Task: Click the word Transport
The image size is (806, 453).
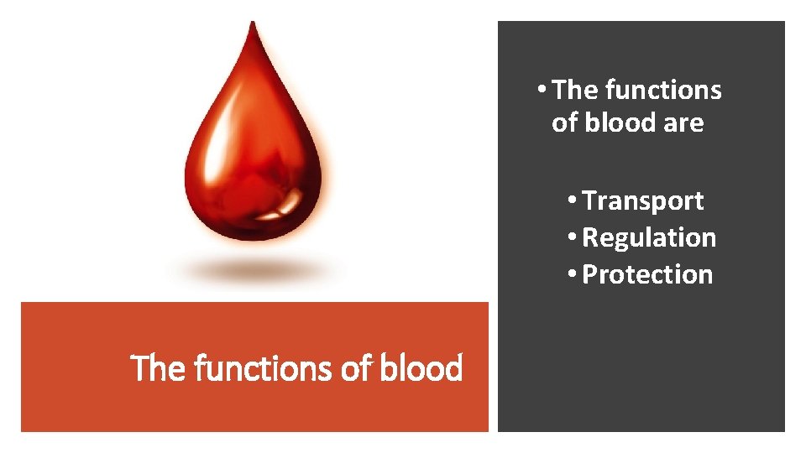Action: [642, 201]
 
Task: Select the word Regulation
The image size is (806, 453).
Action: [649, 238]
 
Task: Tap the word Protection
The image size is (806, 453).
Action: [646, 275]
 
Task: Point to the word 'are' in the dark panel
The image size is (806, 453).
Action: [683, 123]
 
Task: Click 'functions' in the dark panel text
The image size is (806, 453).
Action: [662, 90]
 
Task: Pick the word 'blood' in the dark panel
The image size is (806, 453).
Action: [619, 123]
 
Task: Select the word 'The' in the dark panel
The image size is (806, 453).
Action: [575, 90]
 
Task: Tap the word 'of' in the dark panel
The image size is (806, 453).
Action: [564, 123]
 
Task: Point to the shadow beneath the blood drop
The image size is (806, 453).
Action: [253, 270]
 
